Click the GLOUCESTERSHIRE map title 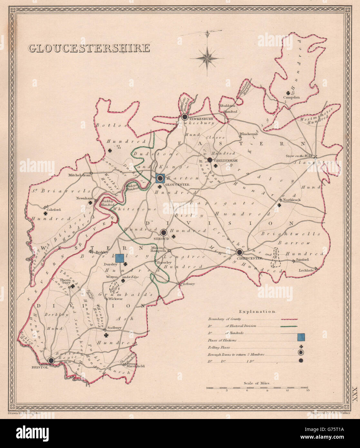coord(89,48)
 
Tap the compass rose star coord(207,58)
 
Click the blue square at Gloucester coord(160,178)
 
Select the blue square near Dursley coord(120,258)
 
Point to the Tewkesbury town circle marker coord(185,117)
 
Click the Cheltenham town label coord(222,160)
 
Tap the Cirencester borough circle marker coord(239,252)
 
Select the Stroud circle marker coord(163,232)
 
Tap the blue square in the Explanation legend coord(301,337)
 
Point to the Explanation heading coord(257,312)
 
